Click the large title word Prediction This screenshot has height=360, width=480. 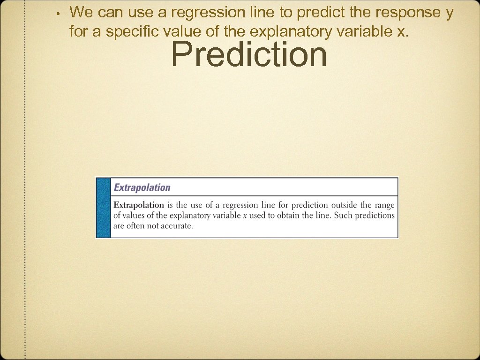[249, 55]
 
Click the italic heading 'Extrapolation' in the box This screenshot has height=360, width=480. [142, 187]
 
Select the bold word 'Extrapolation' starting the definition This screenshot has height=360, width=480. [139, 205]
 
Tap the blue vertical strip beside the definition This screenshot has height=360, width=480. [103, 208]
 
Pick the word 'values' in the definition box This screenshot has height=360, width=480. [134, 216]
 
